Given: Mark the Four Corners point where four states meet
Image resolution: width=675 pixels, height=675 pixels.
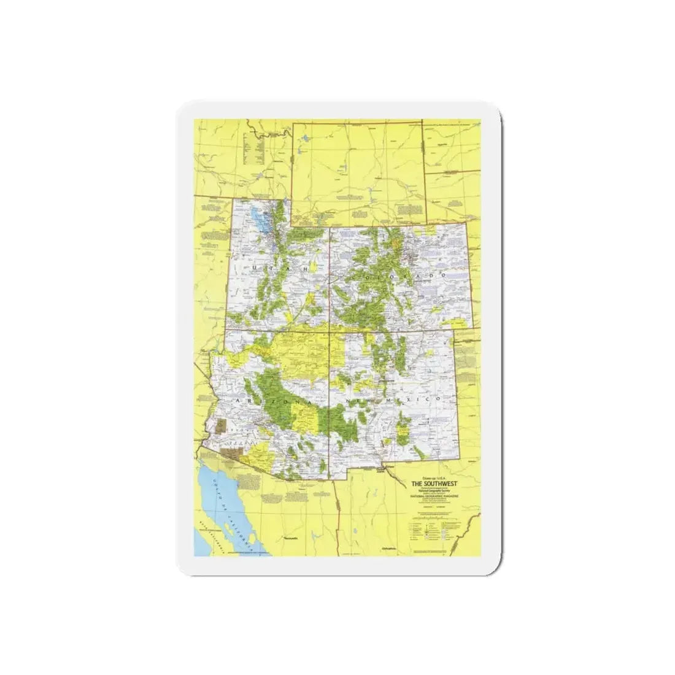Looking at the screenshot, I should coord(330,332).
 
